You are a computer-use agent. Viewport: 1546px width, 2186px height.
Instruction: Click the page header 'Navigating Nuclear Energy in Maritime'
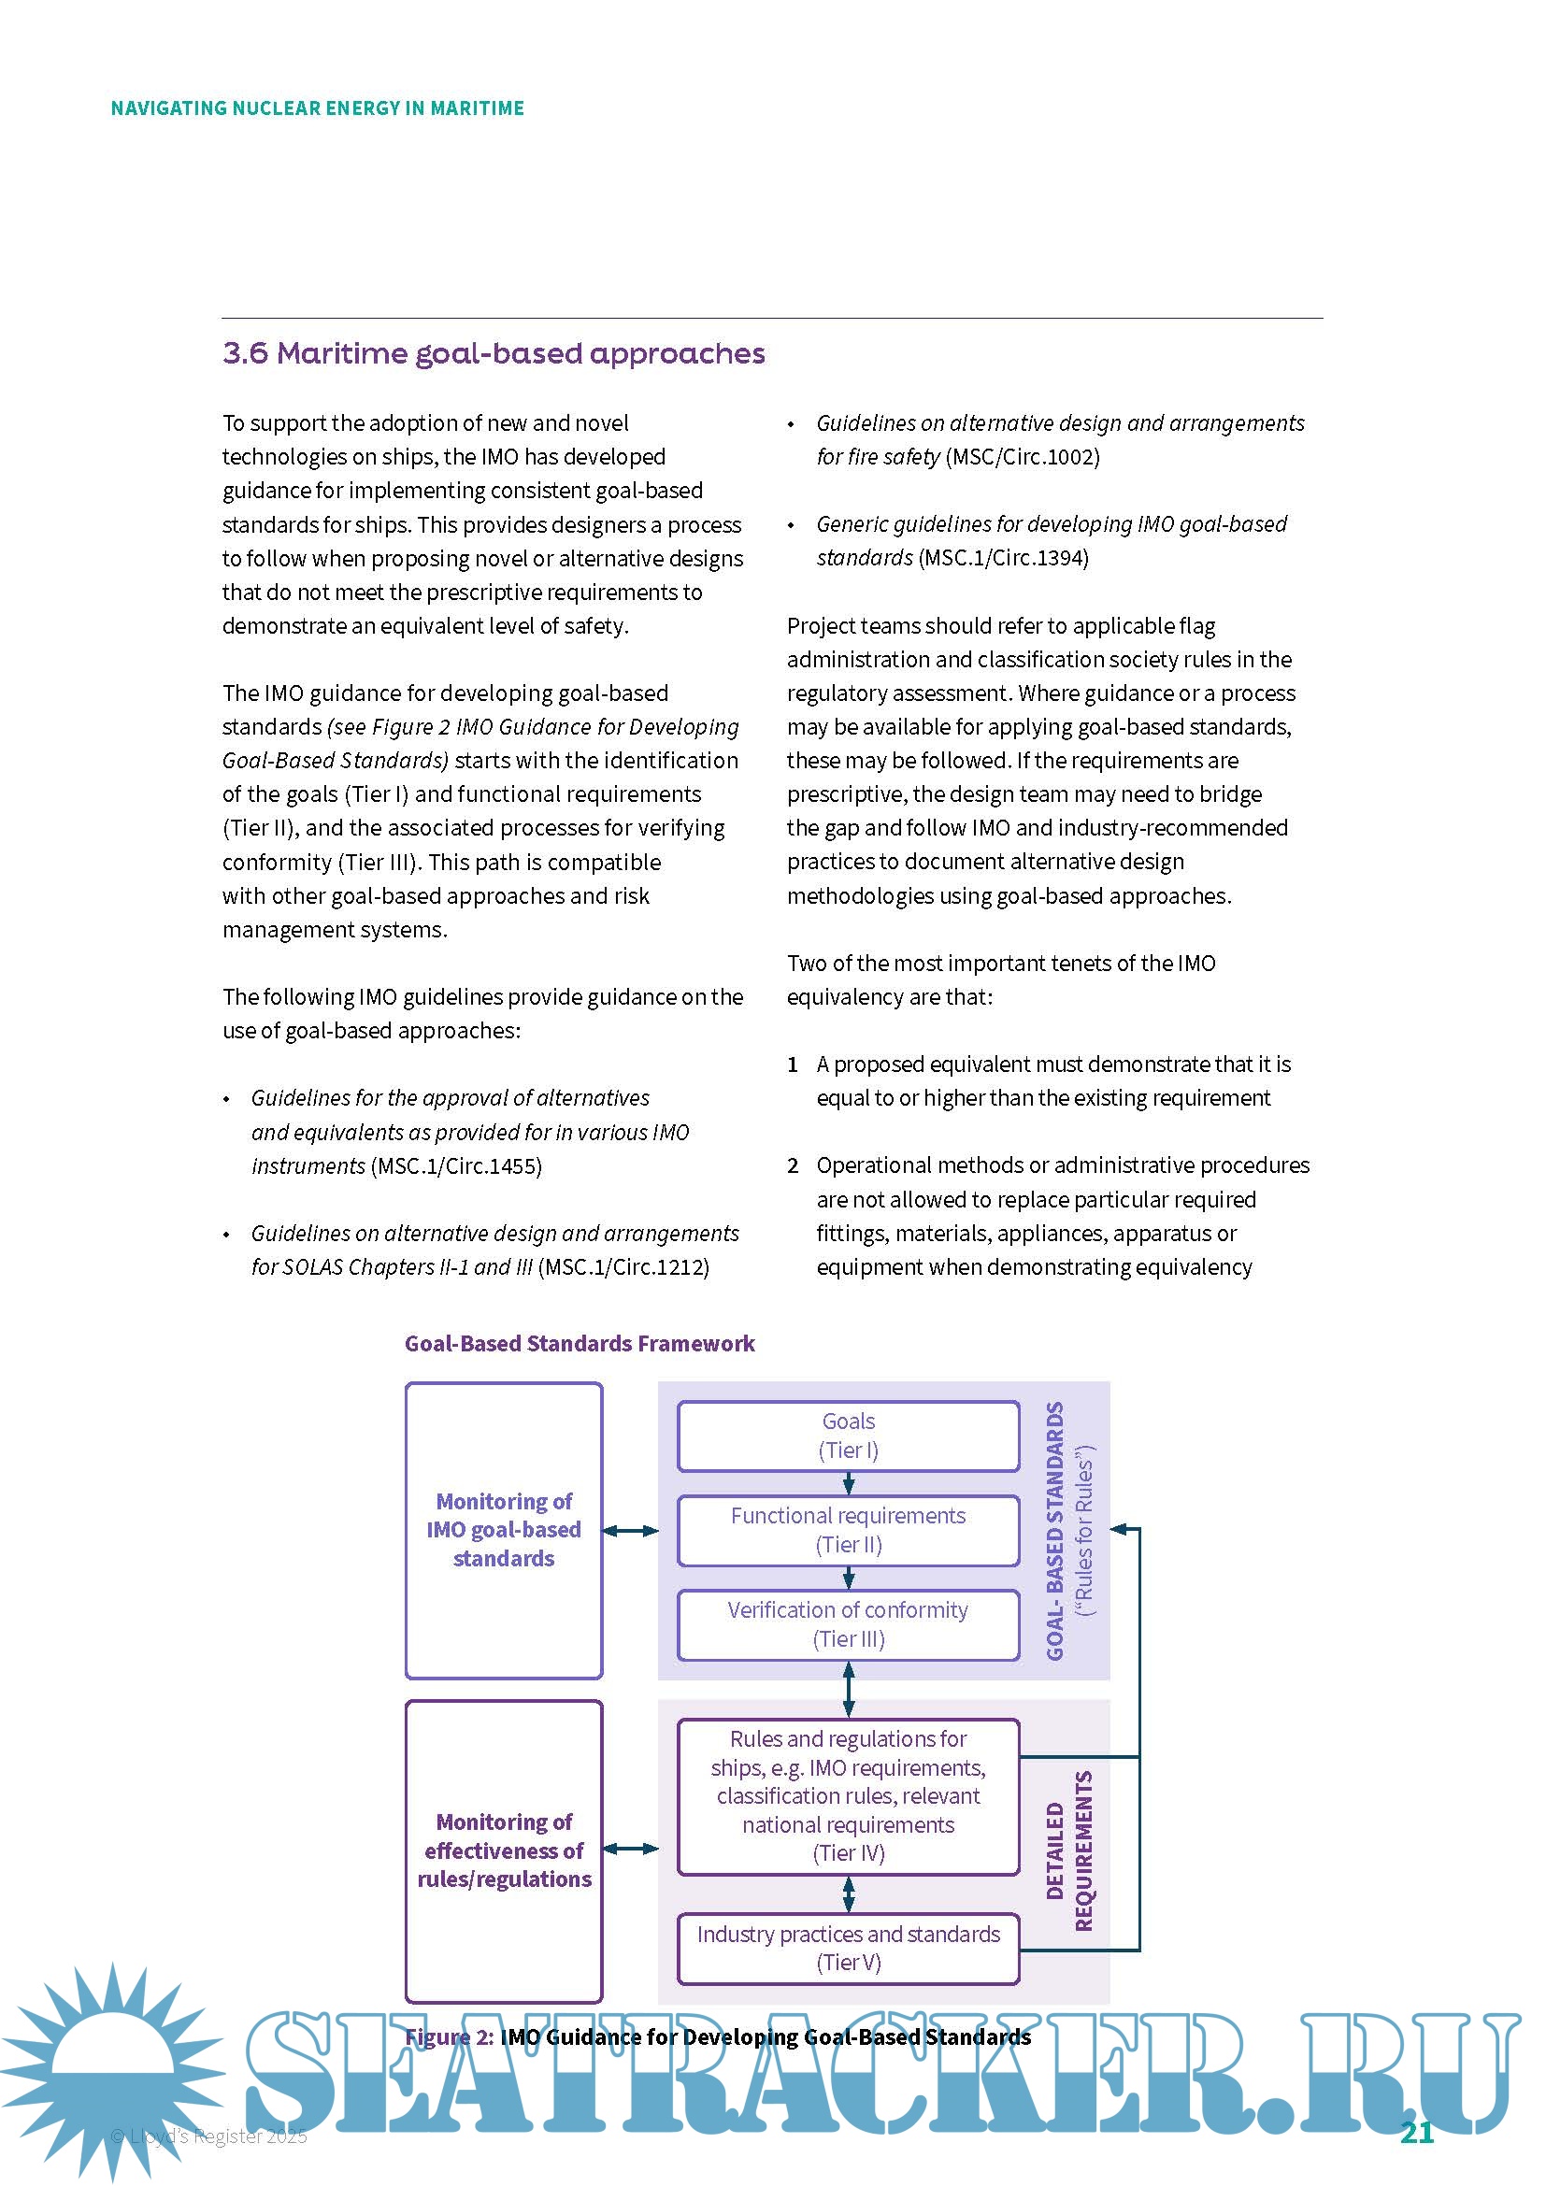pos(317,108)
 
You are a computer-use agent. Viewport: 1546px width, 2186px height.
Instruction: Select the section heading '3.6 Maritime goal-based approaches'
pos(494,353)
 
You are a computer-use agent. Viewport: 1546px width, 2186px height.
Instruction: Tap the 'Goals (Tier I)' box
pos(847,1435)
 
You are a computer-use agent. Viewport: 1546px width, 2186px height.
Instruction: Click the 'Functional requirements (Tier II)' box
pos(847,1529)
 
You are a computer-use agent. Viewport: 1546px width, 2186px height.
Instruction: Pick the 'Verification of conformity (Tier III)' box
pos(847,1623)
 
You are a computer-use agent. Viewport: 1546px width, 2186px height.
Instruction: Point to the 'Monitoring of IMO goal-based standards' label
pos(504,1529)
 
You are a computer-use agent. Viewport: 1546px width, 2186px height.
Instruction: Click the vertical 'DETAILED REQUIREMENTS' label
pos(1069,1850)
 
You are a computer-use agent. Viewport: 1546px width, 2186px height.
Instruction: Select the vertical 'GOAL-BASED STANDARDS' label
pos(1055,1530)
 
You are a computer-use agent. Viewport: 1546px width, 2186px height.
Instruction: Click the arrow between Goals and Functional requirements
pos(848,1482)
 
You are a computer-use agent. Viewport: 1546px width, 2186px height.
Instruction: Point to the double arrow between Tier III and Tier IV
pos(848,1689)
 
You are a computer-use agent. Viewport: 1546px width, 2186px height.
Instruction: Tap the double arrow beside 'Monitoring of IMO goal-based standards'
pos(630,1530)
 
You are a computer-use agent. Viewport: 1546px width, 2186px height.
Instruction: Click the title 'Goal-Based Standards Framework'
pos(579,1343)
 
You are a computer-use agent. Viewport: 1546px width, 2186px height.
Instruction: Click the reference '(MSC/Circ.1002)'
pos(1023,457)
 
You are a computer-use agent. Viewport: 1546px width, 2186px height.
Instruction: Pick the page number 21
pos(1415,2132)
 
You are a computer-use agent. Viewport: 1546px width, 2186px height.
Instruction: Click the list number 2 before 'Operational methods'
pos(792,1165)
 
